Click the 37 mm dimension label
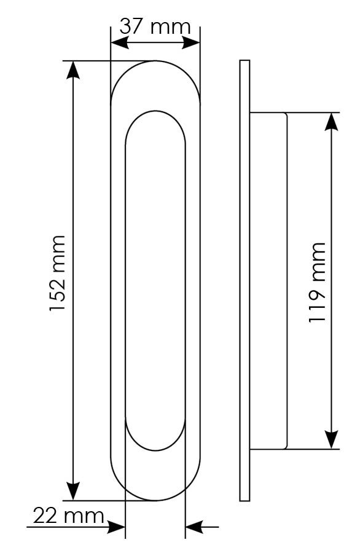click(155, 26)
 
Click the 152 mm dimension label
click(58, 273)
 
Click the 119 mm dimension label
click(317, 282)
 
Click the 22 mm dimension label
click(68, 516)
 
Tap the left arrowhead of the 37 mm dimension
click(120, 43)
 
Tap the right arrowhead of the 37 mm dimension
click(191, 43)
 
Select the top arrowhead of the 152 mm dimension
click(73, 70)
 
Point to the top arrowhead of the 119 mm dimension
click(332, 122)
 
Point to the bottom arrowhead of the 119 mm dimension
click(332, 440)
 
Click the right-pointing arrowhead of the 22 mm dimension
click(116, 527)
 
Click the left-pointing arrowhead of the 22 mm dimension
click(194, 527)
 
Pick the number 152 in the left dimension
click(58, 293)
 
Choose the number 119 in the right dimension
click(317, 303)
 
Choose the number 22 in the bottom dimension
click(45, 516)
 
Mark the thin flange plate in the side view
click(245, 280)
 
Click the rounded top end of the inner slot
click(155, 111)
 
